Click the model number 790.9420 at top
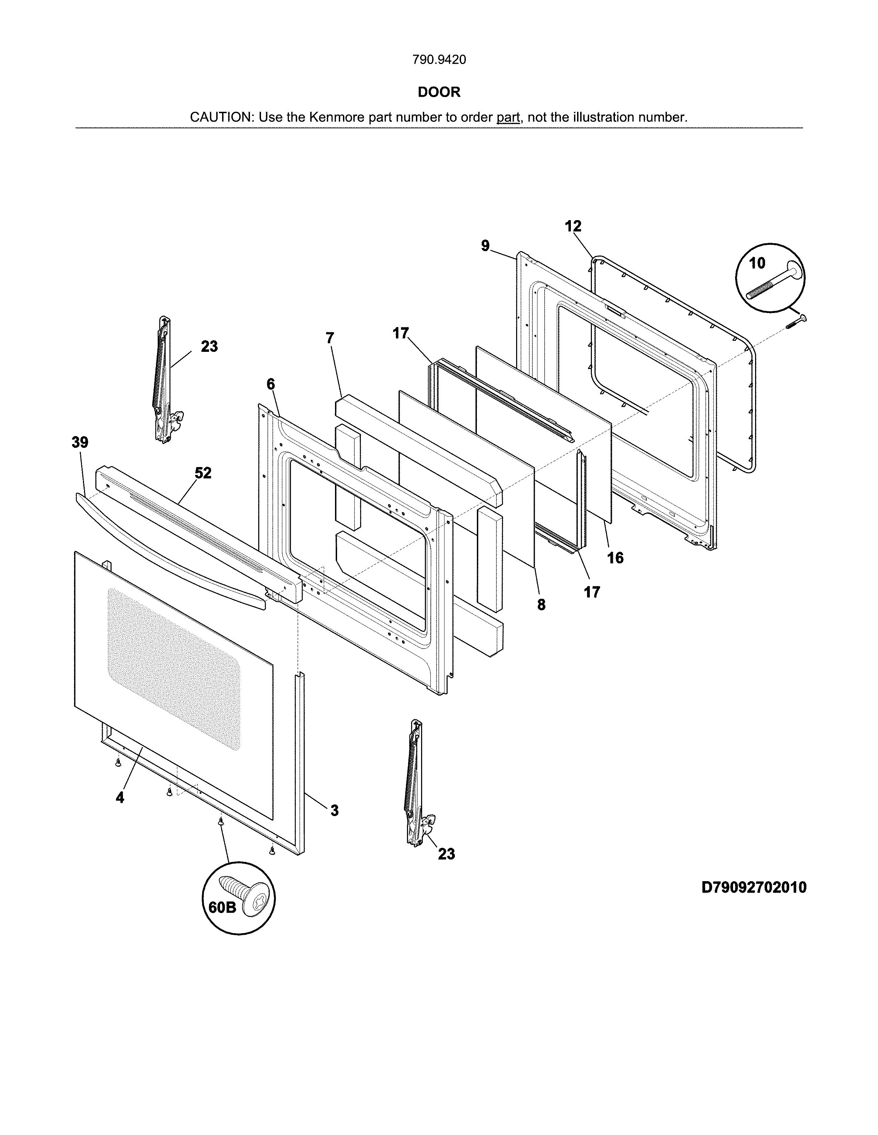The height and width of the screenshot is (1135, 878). coord(439,60)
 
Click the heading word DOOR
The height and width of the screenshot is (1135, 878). coord(439,92)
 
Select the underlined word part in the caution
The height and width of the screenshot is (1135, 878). coord(508,117)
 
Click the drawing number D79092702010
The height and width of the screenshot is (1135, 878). coord(754,887)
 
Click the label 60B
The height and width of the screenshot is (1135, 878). coord(222,907)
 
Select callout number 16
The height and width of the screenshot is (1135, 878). coord(615,558)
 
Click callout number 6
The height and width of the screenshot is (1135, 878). coord(271,384)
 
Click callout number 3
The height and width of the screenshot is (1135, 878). coord(334,810)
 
